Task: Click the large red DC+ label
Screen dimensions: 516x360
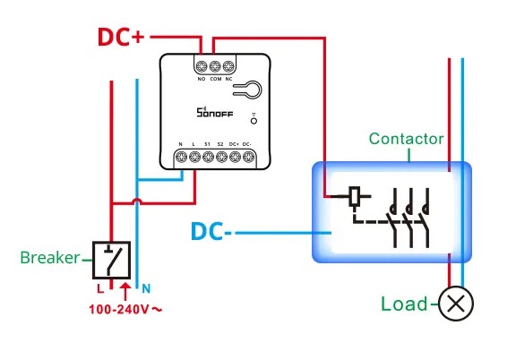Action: click(121, 37)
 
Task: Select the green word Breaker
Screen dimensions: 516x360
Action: click(49, 258)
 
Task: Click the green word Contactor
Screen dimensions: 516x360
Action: click(406, 139)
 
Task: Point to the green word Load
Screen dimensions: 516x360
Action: click(404, 304)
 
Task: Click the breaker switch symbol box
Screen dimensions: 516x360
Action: click(112, 261)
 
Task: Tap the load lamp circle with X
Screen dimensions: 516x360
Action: click(456, 304)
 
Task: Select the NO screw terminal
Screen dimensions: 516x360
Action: click(202, 66)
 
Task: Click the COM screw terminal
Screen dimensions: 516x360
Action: click(215, 66)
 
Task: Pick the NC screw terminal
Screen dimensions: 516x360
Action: click(228, 66)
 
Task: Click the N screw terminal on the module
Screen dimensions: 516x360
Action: click(181, 157)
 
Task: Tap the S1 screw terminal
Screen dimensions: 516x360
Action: click(208, 157)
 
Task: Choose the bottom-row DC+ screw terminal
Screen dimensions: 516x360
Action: click(235, 157)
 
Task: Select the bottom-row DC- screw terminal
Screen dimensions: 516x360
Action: click(248, 157)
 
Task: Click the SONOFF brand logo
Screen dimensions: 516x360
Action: click(215, 112)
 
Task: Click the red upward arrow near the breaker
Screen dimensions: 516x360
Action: click(125, 291)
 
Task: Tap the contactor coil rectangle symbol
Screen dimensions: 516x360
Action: click(354, 196)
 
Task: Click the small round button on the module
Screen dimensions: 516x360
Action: click(254, 121)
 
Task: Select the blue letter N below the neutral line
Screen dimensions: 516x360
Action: click(146, 289)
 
